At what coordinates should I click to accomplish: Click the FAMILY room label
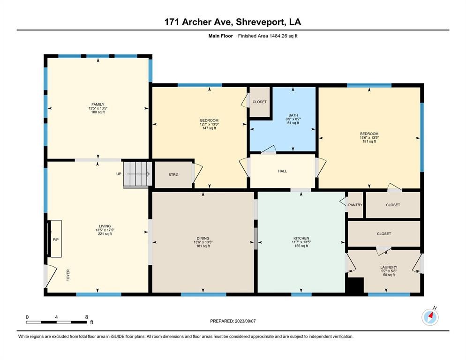point(98,105)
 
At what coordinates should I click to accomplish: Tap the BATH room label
point(293,115)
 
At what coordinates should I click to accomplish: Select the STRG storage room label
point(173,175)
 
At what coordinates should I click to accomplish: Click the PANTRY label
point(355,205)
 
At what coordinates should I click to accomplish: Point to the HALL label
point(283,171)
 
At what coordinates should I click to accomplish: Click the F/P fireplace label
point(56,240)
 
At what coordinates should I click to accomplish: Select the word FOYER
point(68,275)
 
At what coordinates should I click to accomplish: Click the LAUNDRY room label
point(389,267)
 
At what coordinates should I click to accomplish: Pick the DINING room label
point(203,239)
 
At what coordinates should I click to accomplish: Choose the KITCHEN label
point(301,239)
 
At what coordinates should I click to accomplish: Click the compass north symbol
point(430,317)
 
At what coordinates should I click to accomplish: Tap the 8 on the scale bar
point(86,317)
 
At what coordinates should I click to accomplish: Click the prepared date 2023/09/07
point(245,321)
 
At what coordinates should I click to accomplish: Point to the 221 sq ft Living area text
point(105,234)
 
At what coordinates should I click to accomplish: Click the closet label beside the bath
point(259,102)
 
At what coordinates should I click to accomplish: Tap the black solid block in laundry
point(354,285)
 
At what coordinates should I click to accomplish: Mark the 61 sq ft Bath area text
point(293,123)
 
